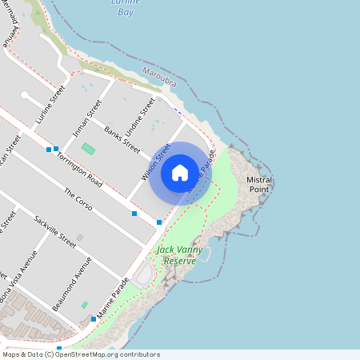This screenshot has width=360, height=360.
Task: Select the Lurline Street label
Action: [50, 106]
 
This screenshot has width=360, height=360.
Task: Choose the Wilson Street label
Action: [157, 161]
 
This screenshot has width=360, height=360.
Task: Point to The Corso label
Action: [78, 200]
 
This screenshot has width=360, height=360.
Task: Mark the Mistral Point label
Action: [259, 184]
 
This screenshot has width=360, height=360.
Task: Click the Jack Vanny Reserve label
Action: [176, 255]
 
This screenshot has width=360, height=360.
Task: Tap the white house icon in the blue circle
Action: [180, 172]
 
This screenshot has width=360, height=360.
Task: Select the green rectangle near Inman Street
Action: [88, 149]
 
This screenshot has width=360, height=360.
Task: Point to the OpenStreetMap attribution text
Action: [81, 354]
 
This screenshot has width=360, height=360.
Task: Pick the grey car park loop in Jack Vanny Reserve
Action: [145, 276]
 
